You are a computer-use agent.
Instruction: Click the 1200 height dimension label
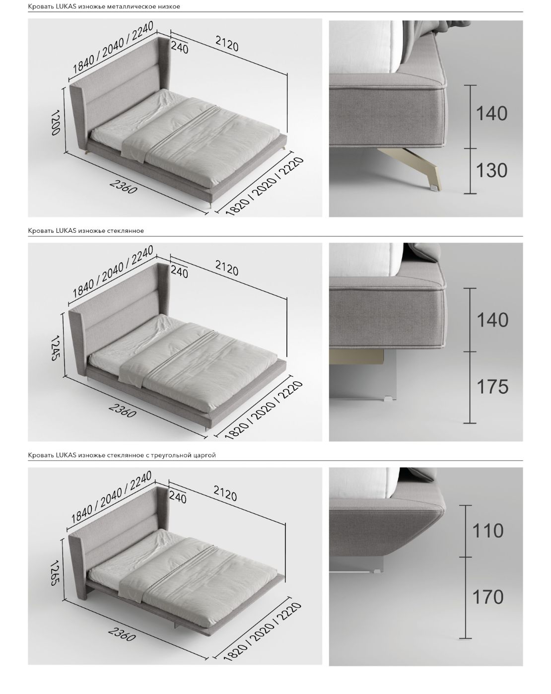point(56,123)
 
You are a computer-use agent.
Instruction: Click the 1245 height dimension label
point(56,348)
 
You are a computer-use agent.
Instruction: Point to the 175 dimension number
point(492,387)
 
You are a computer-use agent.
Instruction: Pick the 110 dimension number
point(487,531)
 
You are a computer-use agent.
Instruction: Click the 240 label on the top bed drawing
point(180,48)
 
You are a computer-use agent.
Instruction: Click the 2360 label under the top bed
point(124,186)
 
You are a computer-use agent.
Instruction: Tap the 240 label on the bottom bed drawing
point(178,498)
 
